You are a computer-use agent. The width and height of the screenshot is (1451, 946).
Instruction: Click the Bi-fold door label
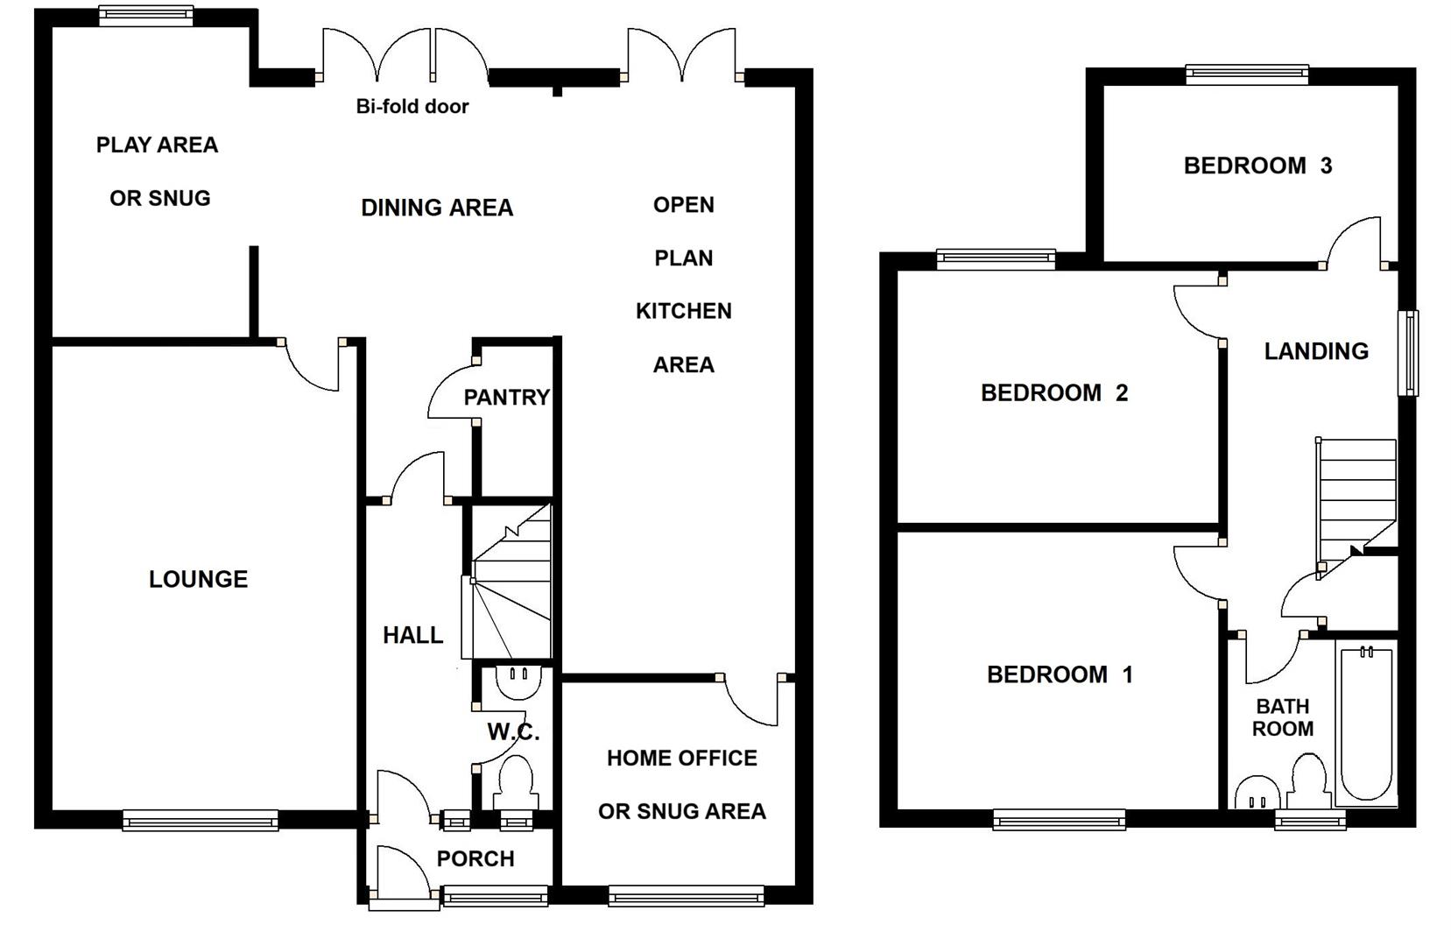412,107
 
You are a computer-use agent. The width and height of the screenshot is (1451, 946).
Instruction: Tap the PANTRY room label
506,398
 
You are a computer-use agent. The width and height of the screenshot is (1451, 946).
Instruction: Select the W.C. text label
513,731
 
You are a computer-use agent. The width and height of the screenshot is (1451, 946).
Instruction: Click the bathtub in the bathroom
1365,723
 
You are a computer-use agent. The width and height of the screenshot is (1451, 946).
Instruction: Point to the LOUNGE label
198,579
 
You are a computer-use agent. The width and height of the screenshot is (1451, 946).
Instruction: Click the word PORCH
475,858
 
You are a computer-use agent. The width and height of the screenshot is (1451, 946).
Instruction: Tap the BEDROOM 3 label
1257,166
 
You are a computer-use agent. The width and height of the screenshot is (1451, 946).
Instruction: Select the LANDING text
1316,351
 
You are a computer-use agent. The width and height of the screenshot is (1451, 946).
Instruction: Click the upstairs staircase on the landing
1356,495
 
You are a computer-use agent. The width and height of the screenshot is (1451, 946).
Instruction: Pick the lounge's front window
201,820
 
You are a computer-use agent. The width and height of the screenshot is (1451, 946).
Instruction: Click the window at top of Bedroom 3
1247,74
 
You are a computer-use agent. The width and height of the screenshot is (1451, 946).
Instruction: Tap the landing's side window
1408,352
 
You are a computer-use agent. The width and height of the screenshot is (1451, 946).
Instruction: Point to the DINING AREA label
437,208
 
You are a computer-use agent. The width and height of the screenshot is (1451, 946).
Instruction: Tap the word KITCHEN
683,311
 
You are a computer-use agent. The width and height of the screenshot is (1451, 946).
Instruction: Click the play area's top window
145,15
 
